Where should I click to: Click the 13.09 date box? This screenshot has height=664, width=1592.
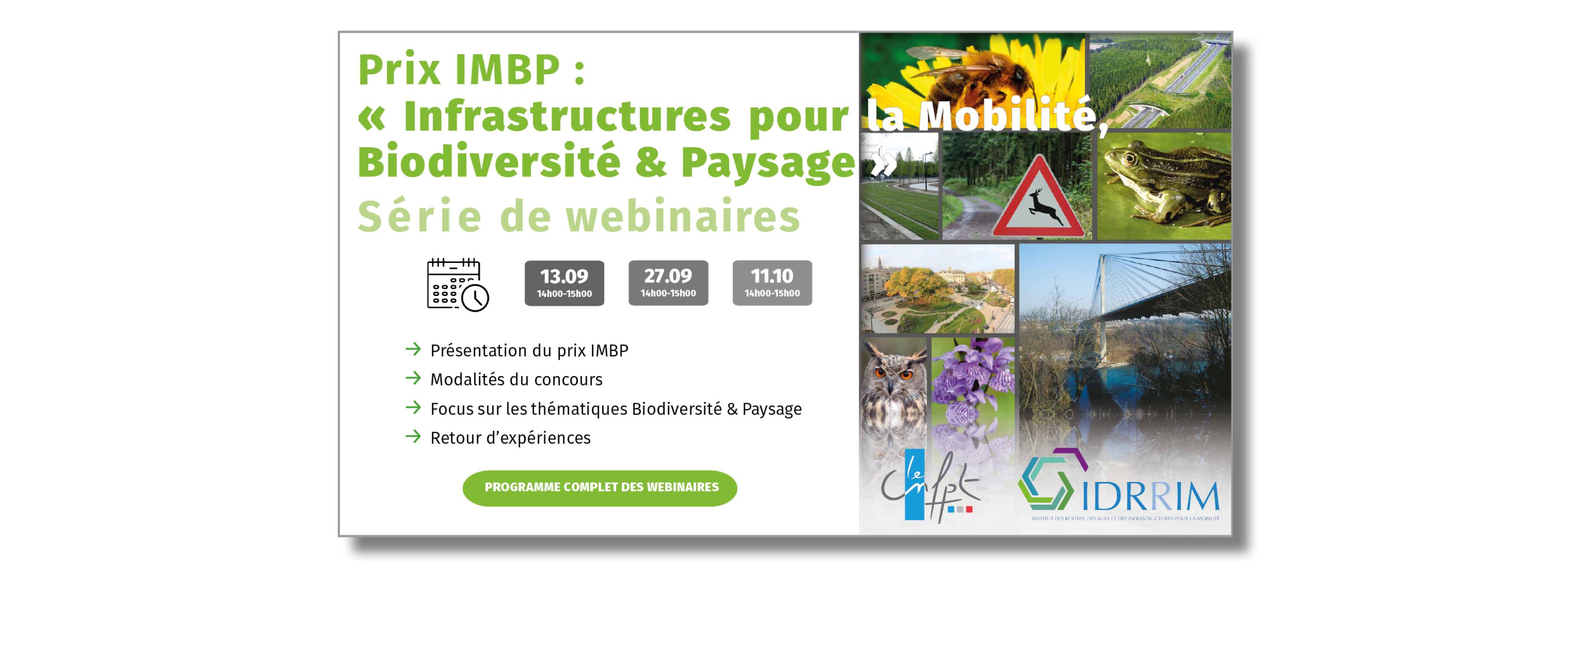564,283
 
